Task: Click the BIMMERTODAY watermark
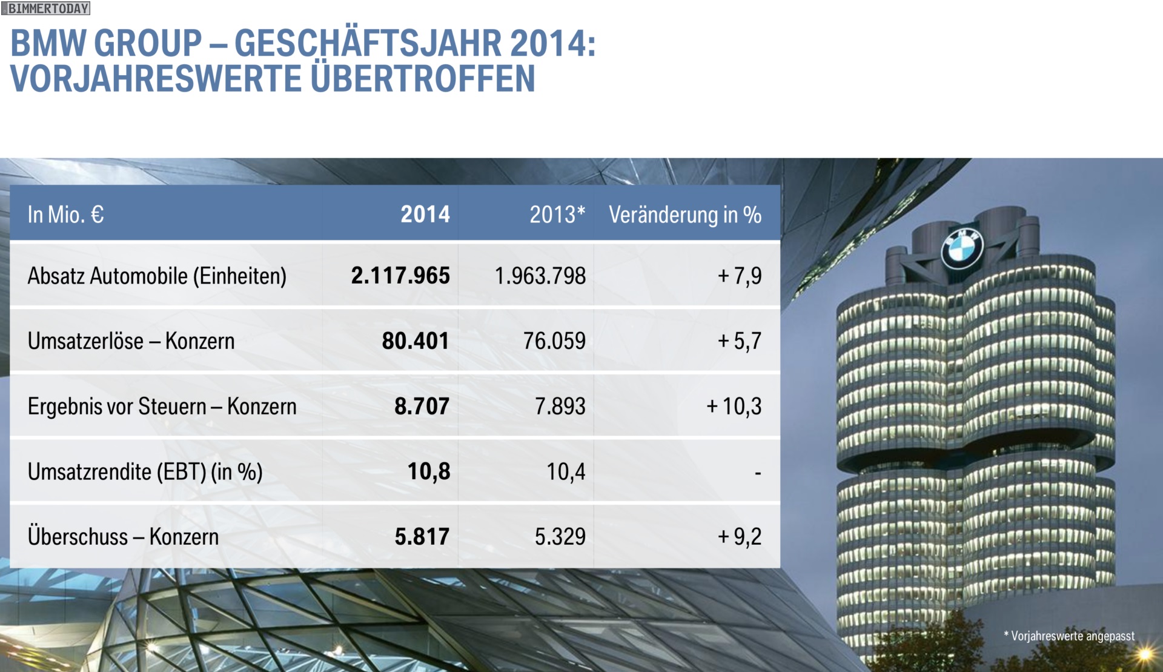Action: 46,8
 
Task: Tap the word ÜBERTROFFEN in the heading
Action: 423,79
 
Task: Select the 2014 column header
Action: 425,215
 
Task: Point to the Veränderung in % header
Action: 685,215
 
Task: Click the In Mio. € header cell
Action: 66,215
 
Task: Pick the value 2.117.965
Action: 400,276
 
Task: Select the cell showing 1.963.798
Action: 540,276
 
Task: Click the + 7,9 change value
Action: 740,276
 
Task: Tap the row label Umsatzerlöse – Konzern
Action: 131,341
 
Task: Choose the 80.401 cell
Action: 416,341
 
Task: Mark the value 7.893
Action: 560,406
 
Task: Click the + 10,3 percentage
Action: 734,406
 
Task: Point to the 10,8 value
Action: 429,471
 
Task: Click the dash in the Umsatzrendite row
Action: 758,473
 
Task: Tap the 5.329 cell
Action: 560,536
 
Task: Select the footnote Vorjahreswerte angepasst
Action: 1069,636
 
